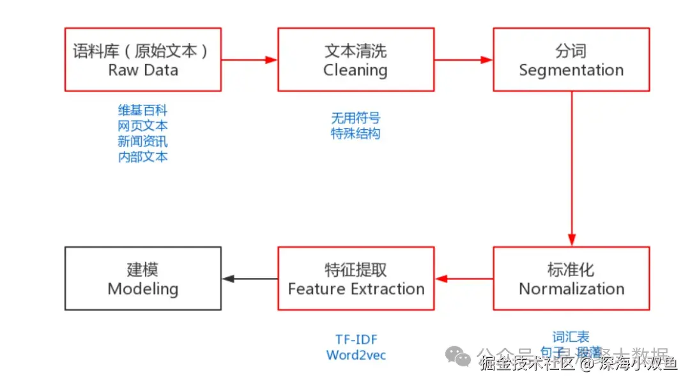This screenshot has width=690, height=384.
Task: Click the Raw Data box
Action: tap(142, 59)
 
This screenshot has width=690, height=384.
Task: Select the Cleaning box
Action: tap(355, 59)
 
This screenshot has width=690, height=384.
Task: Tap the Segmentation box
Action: tap(571, 59)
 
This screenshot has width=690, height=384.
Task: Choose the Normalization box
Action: tap(571, 279)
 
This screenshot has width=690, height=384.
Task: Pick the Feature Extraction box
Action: tap(355, 279)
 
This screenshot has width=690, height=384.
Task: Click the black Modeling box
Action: tap(142, 279)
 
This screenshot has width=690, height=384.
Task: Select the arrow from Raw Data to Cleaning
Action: tap(249, 59)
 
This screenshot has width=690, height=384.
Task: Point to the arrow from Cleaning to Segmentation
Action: tap(463, 59)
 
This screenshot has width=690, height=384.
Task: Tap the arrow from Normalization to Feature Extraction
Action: tap(464, 279)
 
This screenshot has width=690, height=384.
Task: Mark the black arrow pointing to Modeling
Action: tap(249, 279)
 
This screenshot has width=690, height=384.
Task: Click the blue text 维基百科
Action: tap(142, 111)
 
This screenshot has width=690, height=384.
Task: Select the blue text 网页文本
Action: tap(142, 126)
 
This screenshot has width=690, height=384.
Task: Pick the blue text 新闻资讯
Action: tap(142, 141)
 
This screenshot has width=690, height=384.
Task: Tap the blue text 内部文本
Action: tap(142, 157)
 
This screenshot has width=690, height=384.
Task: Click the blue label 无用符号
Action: tap(355, 118)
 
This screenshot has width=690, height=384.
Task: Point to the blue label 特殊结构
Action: tap(355, 134)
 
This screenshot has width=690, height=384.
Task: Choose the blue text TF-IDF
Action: tap(356, 339)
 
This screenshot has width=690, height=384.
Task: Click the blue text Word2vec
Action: tap(356, 355)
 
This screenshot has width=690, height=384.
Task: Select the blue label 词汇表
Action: tap(571, 337)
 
